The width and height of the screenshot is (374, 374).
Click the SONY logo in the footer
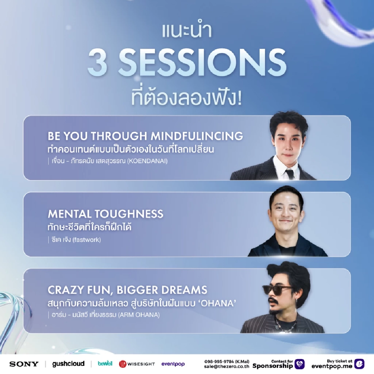pos(24,364)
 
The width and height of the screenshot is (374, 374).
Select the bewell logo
pos(105,363)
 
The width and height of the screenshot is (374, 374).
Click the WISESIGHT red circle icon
pos(122,364)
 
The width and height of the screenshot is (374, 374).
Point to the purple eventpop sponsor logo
pos(173,364)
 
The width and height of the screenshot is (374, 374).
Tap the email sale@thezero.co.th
pos(227,367)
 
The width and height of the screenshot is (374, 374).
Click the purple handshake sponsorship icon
pos(300,364)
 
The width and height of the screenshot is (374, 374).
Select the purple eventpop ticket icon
pos(359,364)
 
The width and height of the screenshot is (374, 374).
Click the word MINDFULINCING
pos(197,136)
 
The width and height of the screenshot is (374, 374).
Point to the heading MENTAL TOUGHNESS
pos(106,214)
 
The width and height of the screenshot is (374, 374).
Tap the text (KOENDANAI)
pos(147,161)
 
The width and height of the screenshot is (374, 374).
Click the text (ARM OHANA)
pos(139,315)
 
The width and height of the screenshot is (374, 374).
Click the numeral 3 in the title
pos(98,63)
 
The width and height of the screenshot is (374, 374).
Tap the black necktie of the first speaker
pos(290,174)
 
